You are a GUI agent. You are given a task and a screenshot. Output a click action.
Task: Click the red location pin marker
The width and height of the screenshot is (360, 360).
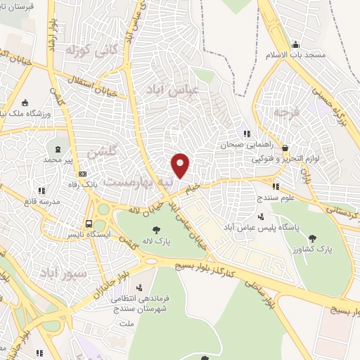pos(181,165)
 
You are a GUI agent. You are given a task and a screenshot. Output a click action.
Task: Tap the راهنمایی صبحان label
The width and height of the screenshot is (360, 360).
pos(244,144)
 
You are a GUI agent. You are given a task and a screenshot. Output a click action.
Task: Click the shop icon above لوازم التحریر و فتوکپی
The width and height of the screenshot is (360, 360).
pos(285,148)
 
